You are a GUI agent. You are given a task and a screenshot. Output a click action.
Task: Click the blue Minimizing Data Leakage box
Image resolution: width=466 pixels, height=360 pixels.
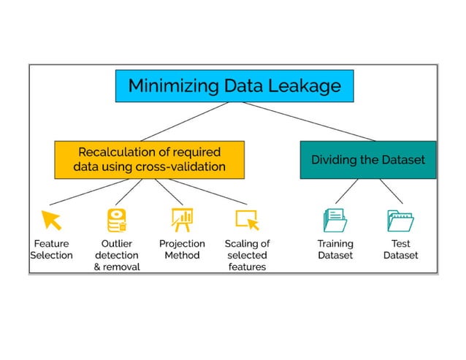[x=234, y=86]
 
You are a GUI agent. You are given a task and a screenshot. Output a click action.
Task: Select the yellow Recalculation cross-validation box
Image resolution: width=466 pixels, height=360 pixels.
[x=148, y=159]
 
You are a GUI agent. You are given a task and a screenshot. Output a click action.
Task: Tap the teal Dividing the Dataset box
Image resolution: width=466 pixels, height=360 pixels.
[x=367, y=159]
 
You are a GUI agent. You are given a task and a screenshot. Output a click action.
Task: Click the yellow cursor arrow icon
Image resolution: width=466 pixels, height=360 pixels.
[x=51, y=219]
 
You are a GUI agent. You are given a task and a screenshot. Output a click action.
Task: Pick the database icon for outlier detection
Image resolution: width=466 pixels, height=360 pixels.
[x=117, y=219]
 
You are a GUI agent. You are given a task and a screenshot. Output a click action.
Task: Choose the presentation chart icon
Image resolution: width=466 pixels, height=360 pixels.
[x=182, y=218]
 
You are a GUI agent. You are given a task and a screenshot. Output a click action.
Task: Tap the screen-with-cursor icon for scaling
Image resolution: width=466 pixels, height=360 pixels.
[x=247, y=219]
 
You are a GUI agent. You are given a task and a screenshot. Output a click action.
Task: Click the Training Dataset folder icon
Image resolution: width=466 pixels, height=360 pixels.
[x=335, y=220]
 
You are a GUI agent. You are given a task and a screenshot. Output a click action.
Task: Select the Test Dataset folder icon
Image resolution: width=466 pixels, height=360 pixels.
[x=400, y=220]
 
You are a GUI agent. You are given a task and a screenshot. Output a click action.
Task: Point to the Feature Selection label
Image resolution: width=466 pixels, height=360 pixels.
[x=51, y=249]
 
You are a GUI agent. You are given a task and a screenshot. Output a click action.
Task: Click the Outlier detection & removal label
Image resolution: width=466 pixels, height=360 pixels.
[x=117, y=255]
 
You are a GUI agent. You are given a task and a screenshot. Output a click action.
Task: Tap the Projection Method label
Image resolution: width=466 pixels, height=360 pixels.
[x=182, y=249]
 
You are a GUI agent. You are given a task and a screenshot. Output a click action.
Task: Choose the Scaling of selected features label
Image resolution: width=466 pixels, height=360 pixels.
[x=247, y=255]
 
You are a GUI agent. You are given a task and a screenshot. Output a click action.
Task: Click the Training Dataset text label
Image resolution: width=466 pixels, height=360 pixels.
[x=335, y=249]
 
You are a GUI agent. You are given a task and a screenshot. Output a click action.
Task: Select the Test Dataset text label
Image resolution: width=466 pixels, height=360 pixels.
[x=400, y=249]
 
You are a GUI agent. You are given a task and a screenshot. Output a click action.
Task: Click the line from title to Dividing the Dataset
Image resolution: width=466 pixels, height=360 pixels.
[x=321, y=121]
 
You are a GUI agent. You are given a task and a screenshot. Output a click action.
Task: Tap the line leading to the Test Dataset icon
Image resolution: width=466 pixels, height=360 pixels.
[x=391, y=192]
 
